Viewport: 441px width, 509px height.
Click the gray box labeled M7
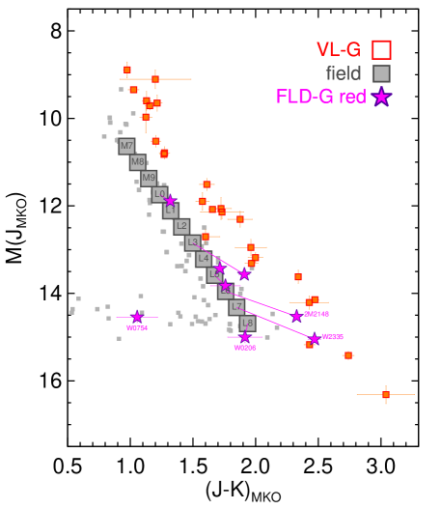126,146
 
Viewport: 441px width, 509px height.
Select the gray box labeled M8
138,162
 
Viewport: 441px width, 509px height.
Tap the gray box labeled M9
149,179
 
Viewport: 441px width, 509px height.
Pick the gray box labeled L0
159,194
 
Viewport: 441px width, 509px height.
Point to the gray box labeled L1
171,211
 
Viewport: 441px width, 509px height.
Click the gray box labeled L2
181,226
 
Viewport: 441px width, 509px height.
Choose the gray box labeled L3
193,242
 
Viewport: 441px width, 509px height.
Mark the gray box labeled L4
204,259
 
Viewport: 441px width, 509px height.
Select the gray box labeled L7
237,307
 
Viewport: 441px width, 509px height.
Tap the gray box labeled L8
248,324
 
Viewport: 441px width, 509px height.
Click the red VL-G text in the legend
338,50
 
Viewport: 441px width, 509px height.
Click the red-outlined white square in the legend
381,50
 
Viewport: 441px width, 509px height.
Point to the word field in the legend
343,73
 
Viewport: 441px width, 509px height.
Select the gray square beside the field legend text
381,73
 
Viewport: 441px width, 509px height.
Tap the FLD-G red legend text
320,97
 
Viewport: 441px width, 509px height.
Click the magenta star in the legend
381,97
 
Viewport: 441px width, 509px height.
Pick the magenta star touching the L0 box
170,201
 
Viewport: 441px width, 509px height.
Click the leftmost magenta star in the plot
137,317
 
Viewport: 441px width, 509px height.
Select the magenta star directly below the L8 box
245,337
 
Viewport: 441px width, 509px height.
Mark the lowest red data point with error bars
385,394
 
